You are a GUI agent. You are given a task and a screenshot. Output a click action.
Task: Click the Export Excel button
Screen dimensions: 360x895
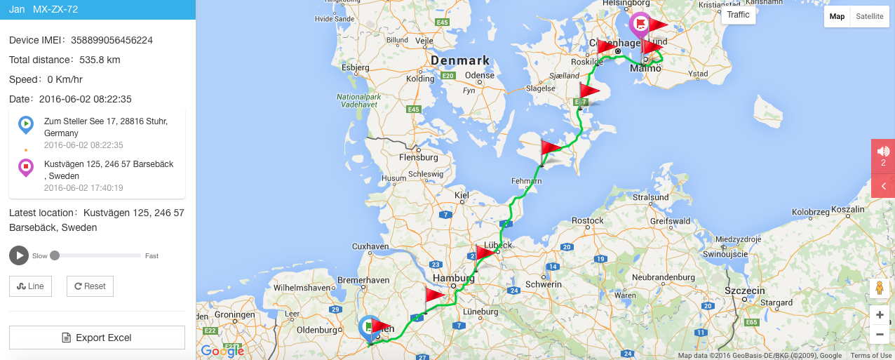click(97, 338)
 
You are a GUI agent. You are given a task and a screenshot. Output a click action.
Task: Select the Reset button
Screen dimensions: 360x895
click(90, 286)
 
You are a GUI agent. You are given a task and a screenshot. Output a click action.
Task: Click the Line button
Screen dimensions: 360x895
click(30, 286)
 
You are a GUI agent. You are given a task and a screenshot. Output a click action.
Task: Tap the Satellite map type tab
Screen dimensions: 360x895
click(869, 16)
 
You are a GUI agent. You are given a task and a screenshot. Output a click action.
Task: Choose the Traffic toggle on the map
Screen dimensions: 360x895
click(738, 15)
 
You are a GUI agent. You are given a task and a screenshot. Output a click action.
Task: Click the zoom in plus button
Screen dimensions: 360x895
click(880, 315)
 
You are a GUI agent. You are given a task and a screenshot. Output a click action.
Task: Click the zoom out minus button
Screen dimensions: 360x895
click(880, 334)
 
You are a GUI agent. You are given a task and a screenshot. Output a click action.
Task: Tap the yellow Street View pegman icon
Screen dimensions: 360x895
click(879, 288)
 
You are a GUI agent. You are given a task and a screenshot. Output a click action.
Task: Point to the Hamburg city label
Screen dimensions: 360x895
click(449, 279)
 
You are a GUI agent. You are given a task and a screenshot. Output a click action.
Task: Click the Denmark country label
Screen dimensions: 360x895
click(459, 60)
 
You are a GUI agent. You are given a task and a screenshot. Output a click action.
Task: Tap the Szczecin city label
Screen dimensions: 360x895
click(744, 291)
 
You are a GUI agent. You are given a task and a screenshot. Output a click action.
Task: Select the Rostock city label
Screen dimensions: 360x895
click(588, 221)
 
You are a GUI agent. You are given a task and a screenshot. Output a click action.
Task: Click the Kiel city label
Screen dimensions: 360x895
click(462, 195)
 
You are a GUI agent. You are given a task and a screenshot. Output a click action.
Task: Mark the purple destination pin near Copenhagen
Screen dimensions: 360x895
click(640, 25)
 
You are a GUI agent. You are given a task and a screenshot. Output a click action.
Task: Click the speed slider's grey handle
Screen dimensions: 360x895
click(55, 255)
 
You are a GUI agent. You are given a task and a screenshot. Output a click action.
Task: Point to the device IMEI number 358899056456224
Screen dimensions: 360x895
click(112, 40)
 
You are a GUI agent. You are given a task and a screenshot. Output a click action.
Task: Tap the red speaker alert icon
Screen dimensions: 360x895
click(882, 152)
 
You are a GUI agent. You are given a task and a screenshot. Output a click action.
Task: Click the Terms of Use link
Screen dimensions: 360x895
click(870, 356)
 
